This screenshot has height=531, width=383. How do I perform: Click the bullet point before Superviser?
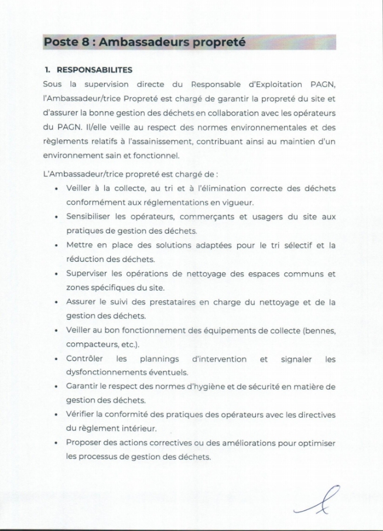click(55, 273)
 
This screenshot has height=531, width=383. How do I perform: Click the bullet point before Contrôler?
click(55, 358)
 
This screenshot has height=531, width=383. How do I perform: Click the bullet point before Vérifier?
click(55, 414)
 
